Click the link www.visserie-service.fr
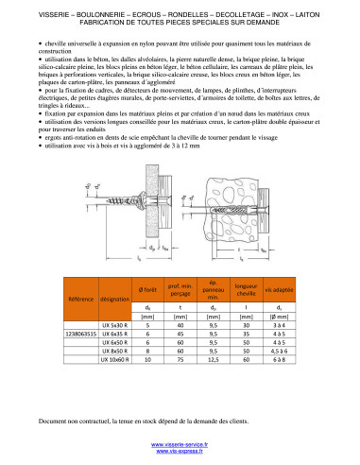[x=180, y=443]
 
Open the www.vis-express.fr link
[x=180, y=452]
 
